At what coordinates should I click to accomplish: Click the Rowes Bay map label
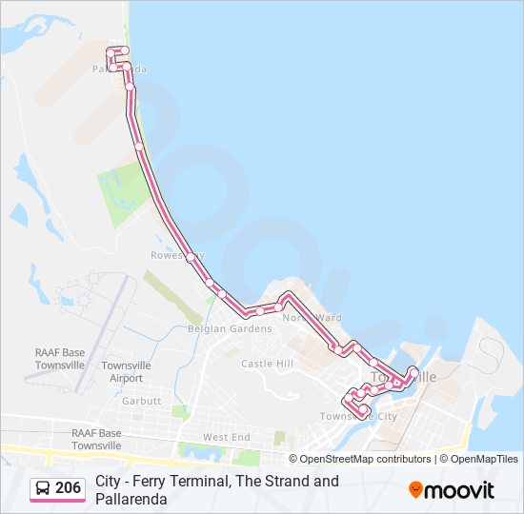tap(171, 255)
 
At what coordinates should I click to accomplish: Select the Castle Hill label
tap(267, 364)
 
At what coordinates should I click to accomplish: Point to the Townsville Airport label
tap(126, 371)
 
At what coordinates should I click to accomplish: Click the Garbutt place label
tap(141, 401)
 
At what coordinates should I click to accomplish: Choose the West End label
tap(226, 437)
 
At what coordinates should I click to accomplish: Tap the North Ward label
tap(312, 318)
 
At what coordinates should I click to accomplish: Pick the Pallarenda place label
tap(119, 69)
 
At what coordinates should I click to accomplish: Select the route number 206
tap(69, 489)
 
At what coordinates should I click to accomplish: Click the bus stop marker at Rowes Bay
tap(191, 257)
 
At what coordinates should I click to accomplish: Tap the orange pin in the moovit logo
tap(415, 490)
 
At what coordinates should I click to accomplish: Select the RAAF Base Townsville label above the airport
tap(60, 359)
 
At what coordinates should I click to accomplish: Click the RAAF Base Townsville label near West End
tap(96, 439)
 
